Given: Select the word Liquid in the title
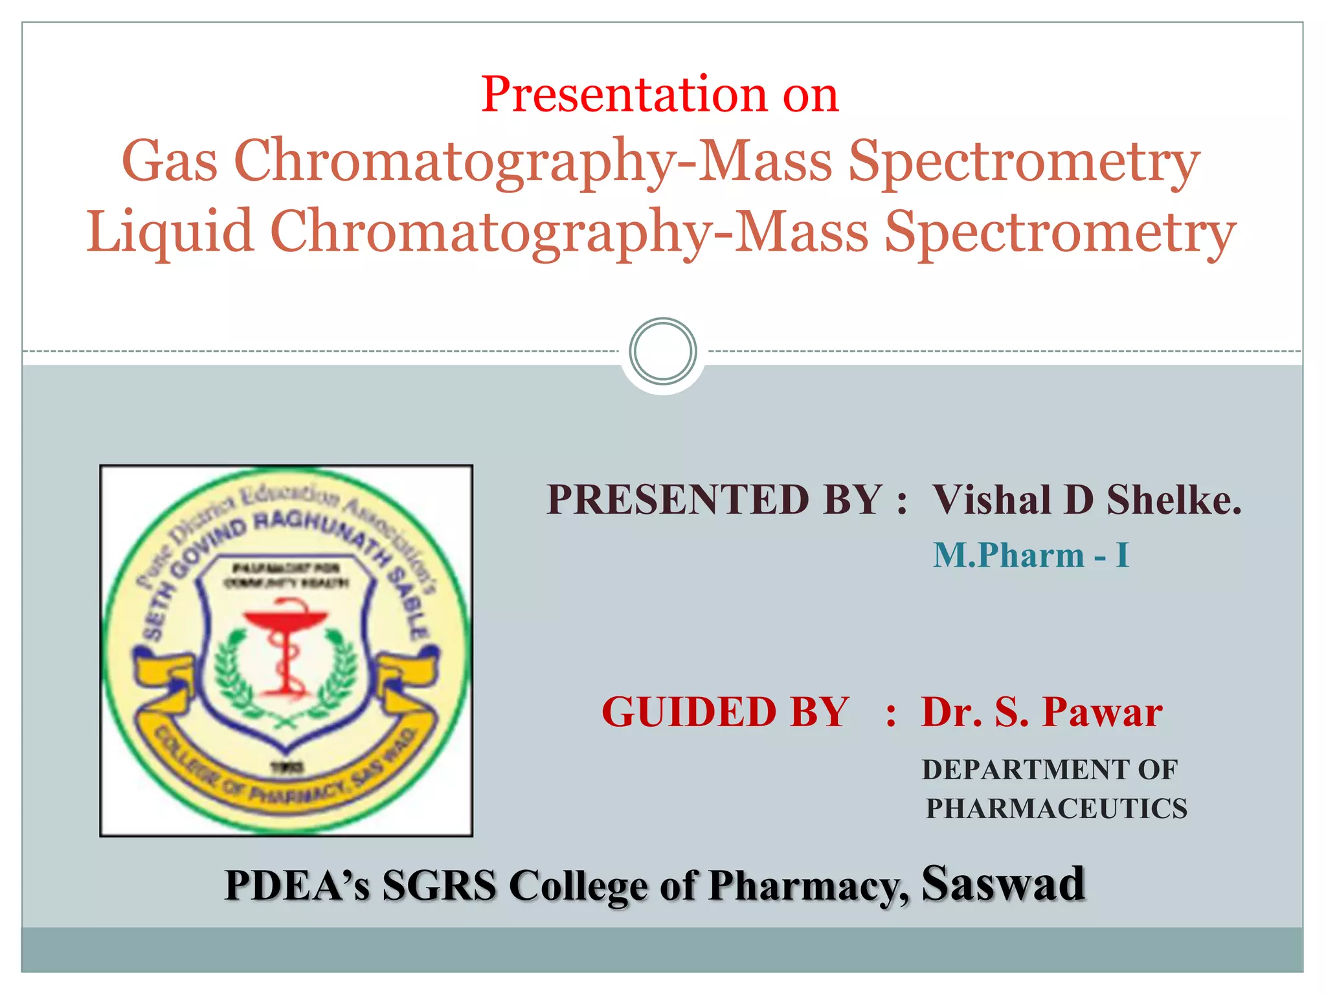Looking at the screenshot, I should [x=170, y=231].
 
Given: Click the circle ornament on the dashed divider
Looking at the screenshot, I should [x=662, y=351].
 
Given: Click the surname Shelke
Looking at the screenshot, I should [x=1173, y=500].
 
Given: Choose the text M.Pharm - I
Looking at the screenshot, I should [x=1031, y=555].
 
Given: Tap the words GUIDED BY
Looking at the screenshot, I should [x=725, y=712].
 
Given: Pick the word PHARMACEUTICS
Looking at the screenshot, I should [x=1057, y=808].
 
